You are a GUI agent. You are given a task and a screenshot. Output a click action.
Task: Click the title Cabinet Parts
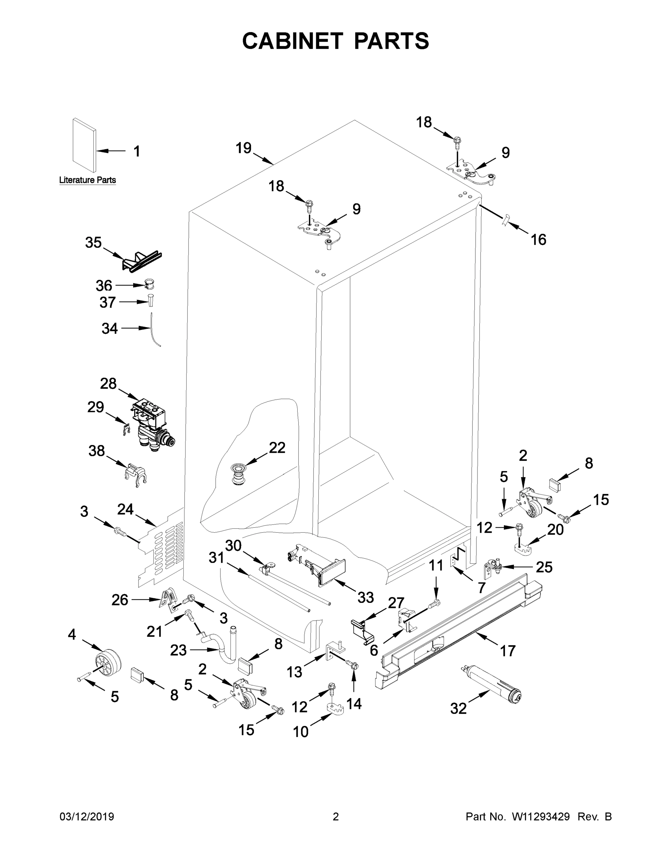[x=336, y=41]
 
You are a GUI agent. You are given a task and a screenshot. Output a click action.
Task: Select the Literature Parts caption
[x=88, y=180]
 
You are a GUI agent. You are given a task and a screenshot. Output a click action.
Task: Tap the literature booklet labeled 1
[x=84, y=146]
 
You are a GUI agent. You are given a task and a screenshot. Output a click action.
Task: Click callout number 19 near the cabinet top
[x=243, y=148]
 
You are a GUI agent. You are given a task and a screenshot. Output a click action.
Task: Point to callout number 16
[x=538, y=240]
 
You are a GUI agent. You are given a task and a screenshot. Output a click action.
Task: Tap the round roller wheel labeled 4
[x=108, y=662]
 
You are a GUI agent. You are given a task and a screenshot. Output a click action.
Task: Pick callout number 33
[x=365, y=597]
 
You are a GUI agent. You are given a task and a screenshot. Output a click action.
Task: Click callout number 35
[x=93, y=242]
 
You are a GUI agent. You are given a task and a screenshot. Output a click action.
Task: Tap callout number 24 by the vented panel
[x=125, y=509]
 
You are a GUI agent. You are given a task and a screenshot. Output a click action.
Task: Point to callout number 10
[x=301, y=732]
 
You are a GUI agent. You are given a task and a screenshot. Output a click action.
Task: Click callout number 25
[x=544, y=567]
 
